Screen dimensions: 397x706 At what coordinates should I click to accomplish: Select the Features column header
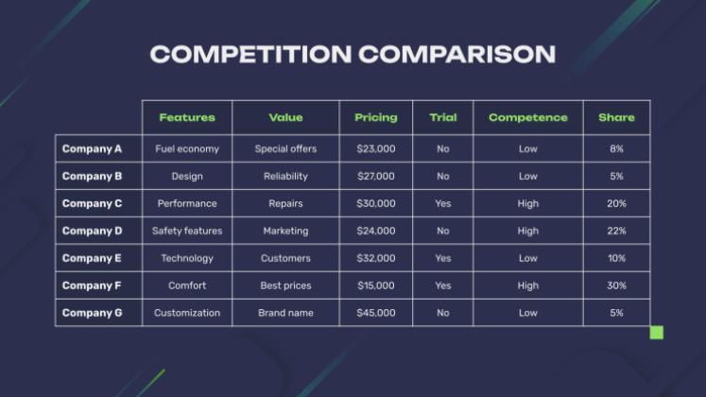187,117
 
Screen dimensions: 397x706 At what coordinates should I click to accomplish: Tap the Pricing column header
376,117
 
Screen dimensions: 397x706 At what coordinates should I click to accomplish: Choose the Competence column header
528,117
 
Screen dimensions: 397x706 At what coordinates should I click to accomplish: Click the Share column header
616,117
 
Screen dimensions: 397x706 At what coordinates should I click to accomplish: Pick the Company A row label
93,148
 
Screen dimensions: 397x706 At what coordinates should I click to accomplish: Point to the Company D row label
93,231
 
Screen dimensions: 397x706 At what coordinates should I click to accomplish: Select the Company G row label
93,313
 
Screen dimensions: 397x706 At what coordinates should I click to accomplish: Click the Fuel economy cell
187,148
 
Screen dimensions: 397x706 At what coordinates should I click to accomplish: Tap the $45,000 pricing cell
376,313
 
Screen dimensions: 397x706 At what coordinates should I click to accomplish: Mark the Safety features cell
187,231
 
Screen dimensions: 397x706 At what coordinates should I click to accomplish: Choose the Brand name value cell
285,313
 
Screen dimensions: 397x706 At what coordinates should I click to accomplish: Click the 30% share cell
616,285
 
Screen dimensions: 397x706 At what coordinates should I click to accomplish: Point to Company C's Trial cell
443,203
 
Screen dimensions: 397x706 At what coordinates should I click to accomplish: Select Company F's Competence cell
528,285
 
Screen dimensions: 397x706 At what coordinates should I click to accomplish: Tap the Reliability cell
285,176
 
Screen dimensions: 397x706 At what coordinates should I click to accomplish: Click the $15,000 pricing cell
376,285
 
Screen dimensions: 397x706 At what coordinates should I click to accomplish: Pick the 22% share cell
616,231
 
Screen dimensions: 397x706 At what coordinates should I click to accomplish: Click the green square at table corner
657,333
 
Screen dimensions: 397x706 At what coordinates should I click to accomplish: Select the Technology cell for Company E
187,258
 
